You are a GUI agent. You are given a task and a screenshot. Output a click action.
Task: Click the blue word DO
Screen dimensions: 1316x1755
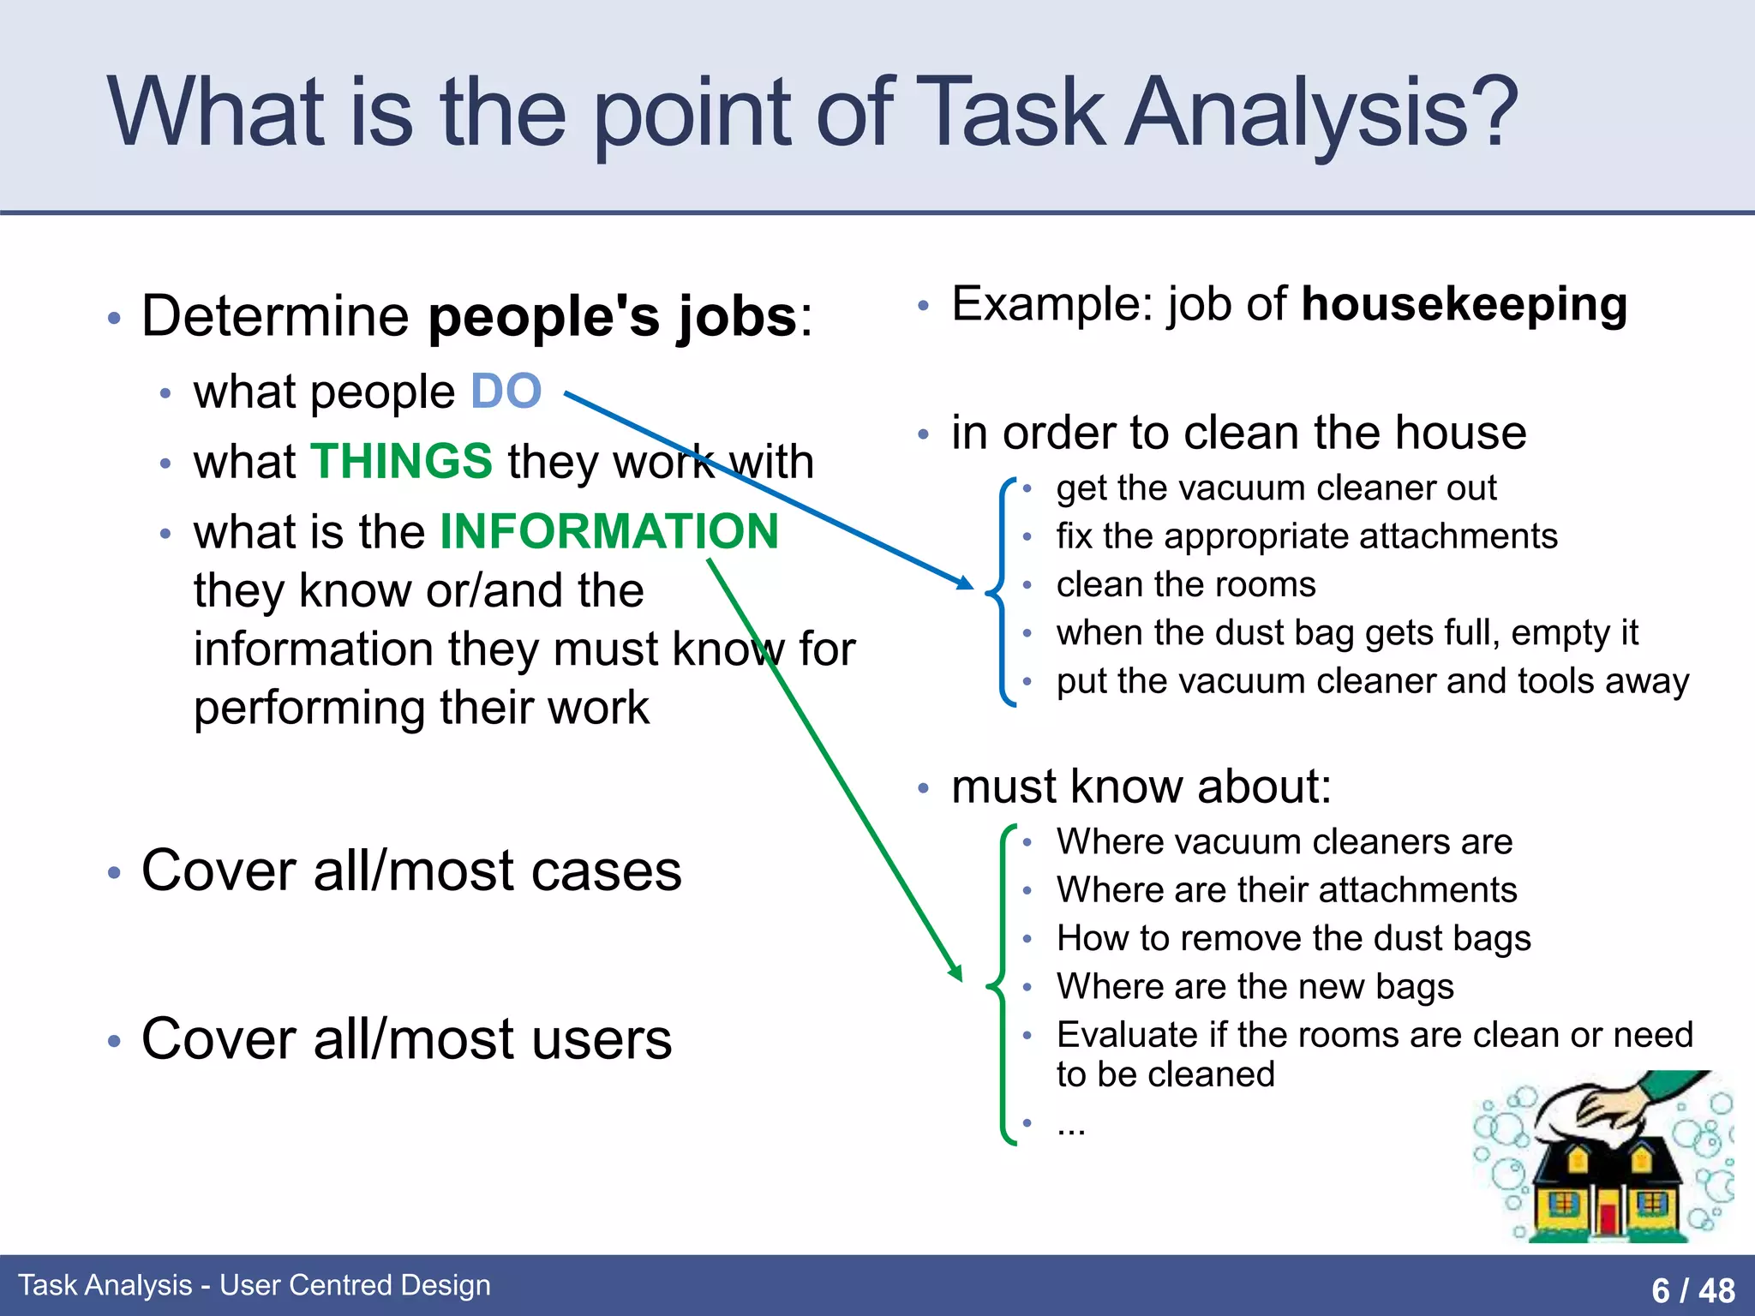click(x=506, y=392)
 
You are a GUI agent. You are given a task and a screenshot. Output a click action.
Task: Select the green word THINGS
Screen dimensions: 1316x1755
click(x=401, y=462)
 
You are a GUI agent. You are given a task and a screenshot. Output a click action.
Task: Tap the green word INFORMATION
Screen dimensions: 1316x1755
click(x=609, y=531)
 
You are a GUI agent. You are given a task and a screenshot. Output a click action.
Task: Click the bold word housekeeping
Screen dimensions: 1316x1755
click(x=1464, y=305)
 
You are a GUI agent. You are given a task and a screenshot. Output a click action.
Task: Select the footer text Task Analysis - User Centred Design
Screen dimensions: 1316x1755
click(x=255, y=1285)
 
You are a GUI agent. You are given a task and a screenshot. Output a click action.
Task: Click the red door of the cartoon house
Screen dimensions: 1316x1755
click(x=1607, y=1217)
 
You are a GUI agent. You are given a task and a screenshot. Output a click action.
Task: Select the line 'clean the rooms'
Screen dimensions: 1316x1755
click(x=1185, y=585)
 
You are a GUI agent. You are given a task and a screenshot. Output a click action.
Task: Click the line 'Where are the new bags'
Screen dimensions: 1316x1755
click(x=1255, y=987)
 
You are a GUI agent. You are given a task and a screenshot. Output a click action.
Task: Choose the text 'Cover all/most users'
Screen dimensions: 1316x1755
click(x=406, y=1039)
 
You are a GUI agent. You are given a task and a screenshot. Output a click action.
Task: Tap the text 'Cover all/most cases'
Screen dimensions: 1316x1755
click(x=411, y=871)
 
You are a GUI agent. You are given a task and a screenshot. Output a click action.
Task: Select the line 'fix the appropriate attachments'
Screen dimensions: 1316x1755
click(x=1306, y=537)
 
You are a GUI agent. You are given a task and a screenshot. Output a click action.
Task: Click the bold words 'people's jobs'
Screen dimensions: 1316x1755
click(x=613, y=317)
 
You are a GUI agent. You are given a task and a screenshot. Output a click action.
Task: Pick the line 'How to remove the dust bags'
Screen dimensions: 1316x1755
click(x=1293, y=939)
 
